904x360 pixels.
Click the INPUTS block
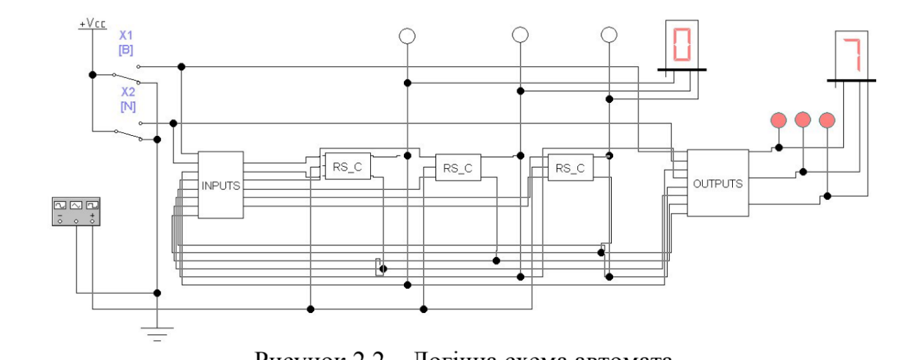click(221, 184)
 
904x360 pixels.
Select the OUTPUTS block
click(717, 183)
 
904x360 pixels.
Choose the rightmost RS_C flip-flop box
click(570, 168)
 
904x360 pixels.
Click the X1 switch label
click(126, 36)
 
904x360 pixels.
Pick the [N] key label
click(126, 107)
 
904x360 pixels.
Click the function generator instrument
click(76, 211)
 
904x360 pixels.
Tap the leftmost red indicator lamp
click(778, 119)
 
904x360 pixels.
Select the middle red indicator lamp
click(803, 119)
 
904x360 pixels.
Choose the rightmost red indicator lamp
click(828, 119)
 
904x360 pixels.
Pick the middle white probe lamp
click(520, 35)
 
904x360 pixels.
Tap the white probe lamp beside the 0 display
click(609, 35)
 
